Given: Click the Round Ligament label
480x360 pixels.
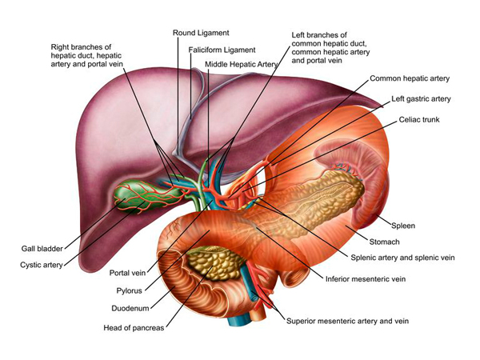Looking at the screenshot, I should [x=201, y=33].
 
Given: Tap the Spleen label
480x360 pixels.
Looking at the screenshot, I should [x=404, y=226].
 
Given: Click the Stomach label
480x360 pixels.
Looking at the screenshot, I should [x=383, y=241].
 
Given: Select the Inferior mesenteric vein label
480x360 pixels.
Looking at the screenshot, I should [x=362, y=279].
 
